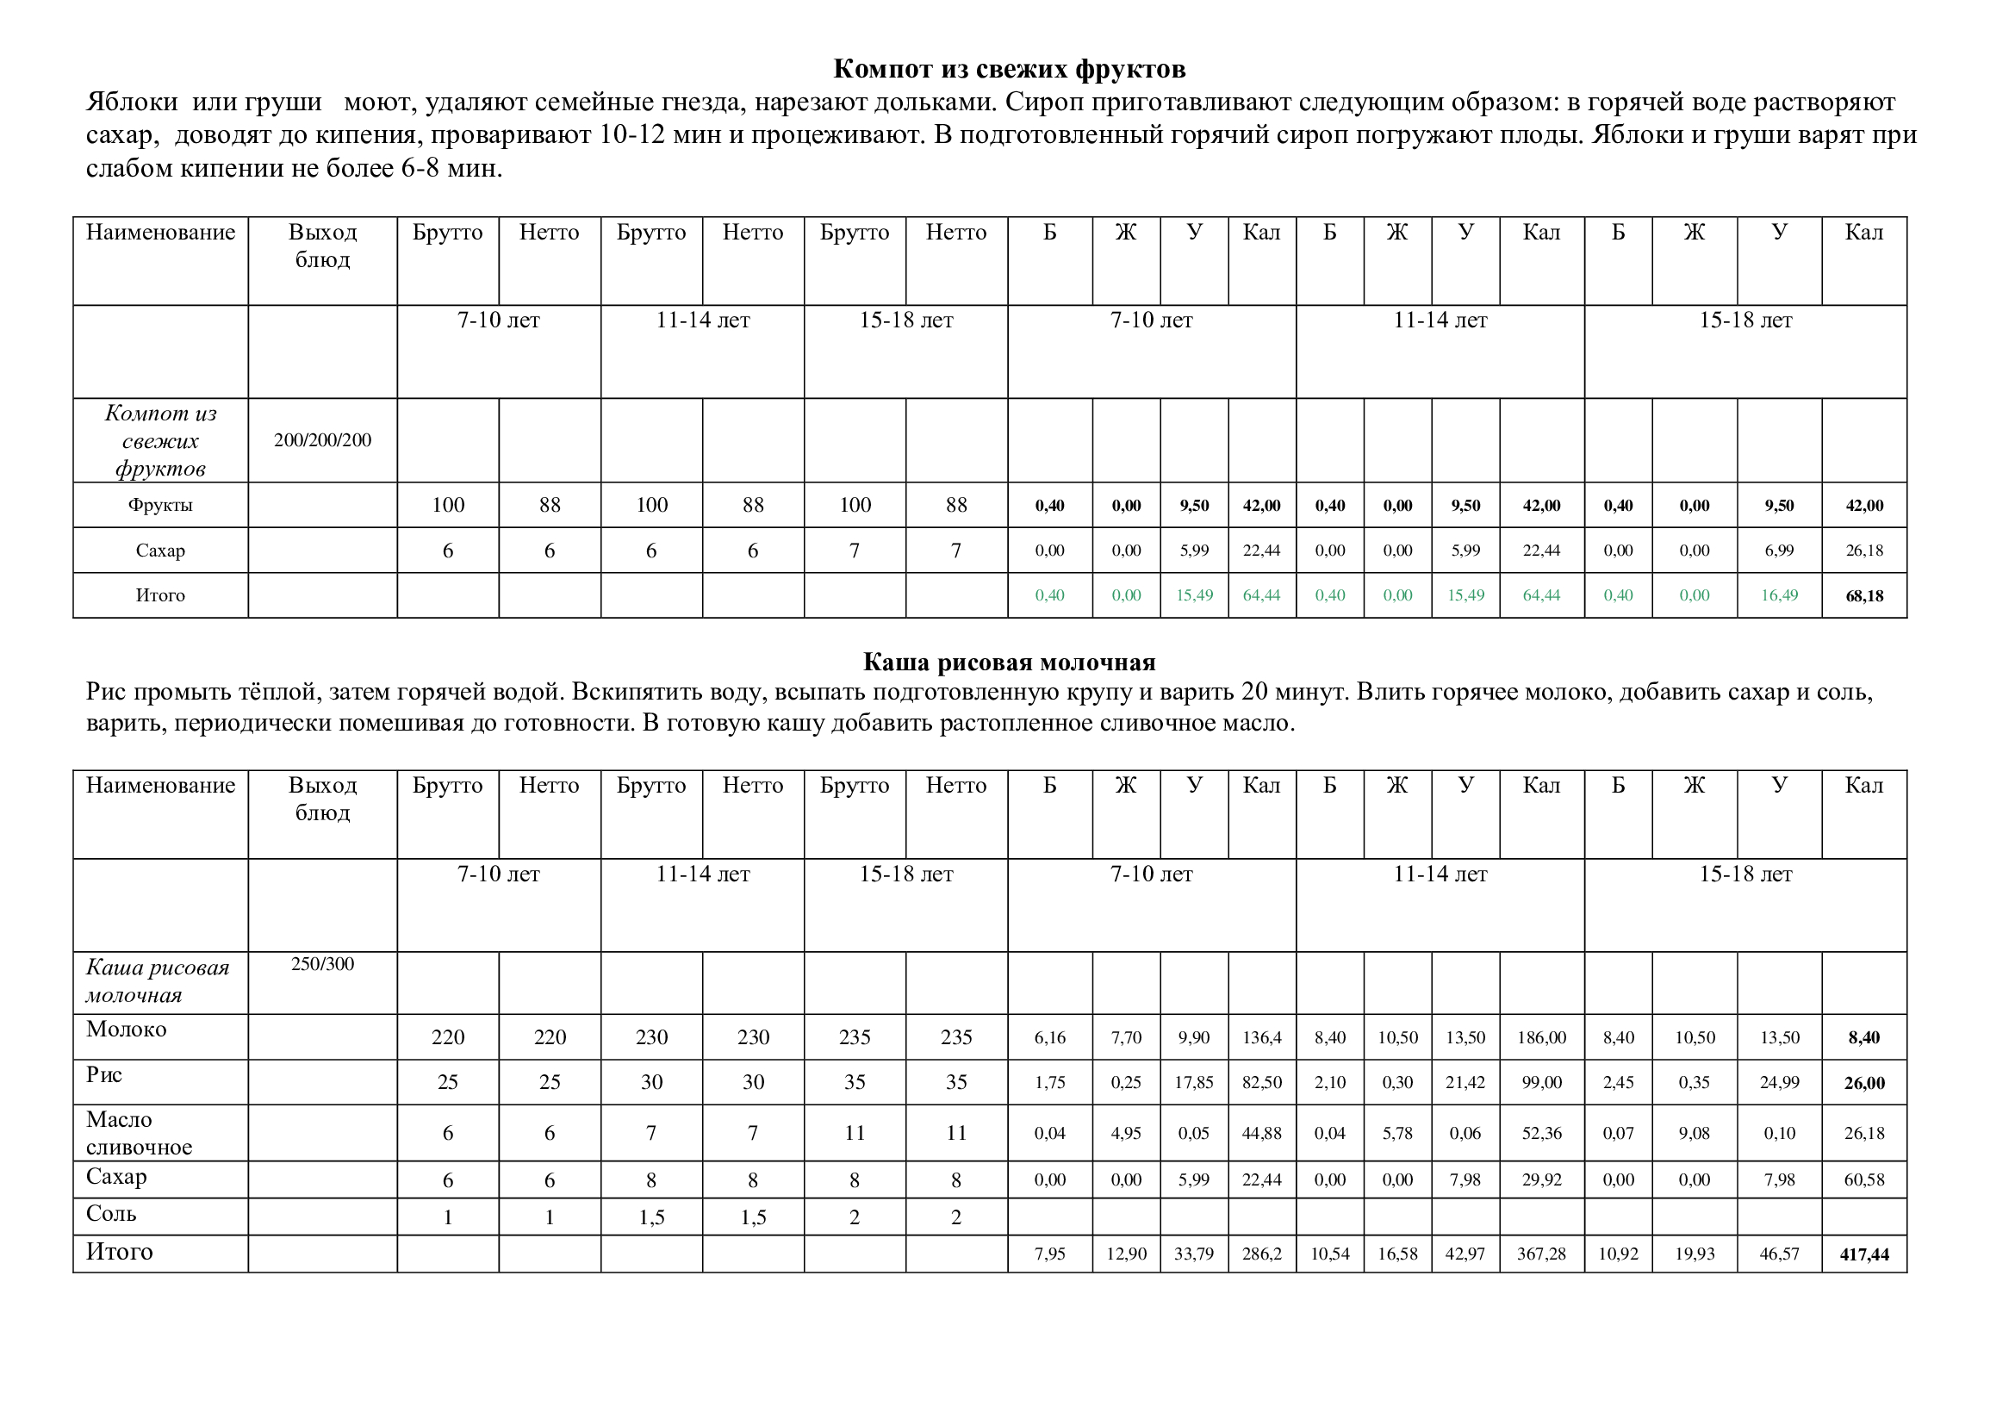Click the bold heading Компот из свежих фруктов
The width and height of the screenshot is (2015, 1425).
tap(1009, 68)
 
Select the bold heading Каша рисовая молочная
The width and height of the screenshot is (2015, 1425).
tap(1009, 662)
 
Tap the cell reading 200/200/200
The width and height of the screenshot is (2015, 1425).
tap(322, 440)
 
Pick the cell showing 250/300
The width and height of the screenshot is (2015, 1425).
tap(322, 964)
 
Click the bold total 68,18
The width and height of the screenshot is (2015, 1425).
tap(1864, 596)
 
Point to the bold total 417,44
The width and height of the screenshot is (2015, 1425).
tap(1864, 1254)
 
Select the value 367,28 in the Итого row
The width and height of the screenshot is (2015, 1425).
tap(1541, 1254)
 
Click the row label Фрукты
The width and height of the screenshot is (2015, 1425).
tap(159, 506)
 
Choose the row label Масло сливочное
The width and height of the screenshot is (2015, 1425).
tap(139, 1133)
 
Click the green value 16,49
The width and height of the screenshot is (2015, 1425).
tap(1779, 595)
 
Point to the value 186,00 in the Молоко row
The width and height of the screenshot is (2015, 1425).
tap(1541, 1038)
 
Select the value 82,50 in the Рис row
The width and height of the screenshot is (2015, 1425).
tap(1261, 1083)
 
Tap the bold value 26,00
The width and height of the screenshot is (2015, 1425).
tap(1864, 1084)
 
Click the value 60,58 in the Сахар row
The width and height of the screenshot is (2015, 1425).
tap(1864, 1180)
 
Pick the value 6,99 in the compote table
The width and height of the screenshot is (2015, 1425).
tap(1779, 551)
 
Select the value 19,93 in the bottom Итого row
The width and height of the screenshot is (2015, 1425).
tap(1694, 1254)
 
